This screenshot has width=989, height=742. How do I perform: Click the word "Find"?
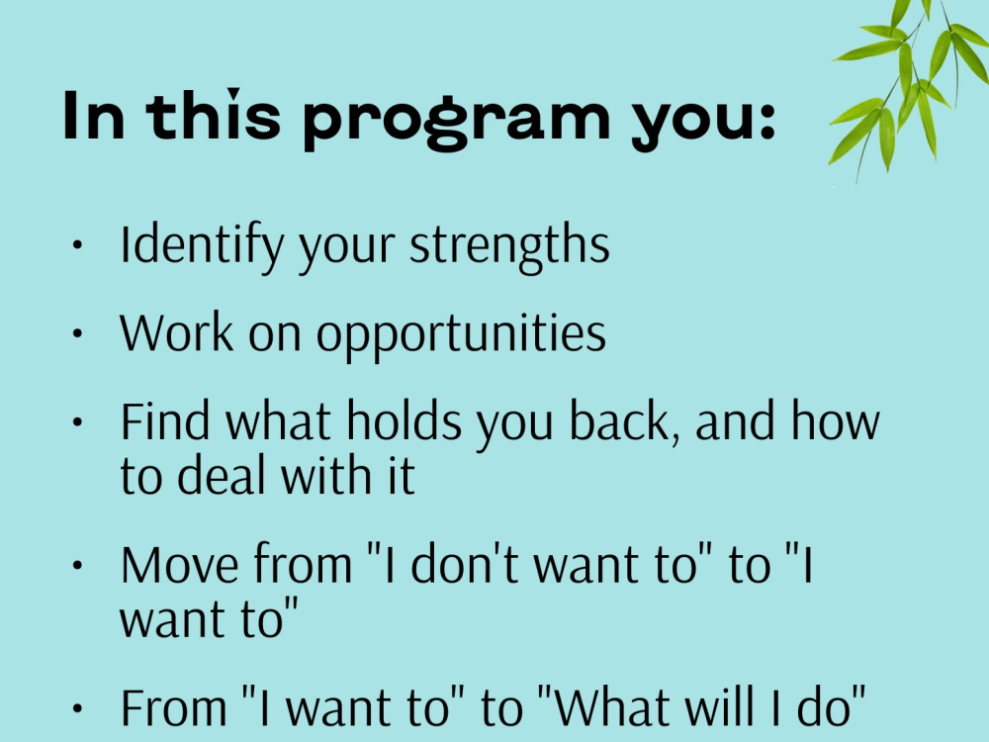tap(165, 421)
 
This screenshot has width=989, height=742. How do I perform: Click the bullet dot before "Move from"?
tap(78, 566)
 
